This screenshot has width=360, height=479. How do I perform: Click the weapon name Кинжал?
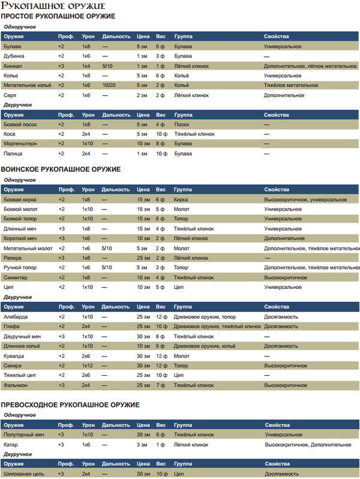click(13, 65)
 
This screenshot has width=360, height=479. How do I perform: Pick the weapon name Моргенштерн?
click(20, 143)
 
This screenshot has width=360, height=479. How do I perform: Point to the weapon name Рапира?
click(14, 258)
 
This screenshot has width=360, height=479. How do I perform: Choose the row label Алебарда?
click(16, 316)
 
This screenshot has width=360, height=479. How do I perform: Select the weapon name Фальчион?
click(17, 384)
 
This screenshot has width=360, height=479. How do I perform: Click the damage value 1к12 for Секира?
click(88, 365)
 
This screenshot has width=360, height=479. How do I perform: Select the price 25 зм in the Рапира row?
click(143, 258)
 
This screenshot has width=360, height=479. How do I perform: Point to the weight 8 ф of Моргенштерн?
click(160, 143)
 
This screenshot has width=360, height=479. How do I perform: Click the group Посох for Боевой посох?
click(182, 124)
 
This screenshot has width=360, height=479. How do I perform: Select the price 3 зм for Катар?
click(142, 445)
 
